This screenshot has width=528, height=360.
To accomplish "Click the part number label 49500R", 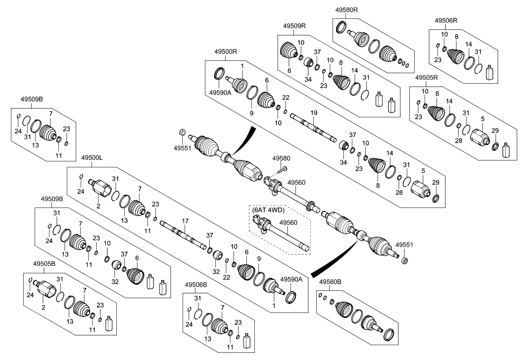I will point(226,51).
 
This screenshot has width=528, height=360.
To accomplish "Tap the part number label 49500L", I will point(92,157).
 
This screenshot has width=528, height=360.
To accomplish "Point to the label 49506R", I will point(446,20).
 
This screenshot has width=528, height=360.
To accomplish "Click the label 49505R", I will point(426,78).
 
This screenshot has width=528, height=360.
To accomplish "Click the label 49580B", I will point(330,282).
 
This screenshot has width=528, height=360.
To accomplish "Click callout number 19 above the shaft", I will point(313,113).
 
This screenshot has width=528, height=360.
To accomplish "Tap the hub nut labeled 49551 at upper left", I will point(182,133).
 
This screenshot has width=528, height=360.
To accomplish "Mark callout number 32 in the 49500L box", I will point(216,271).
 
